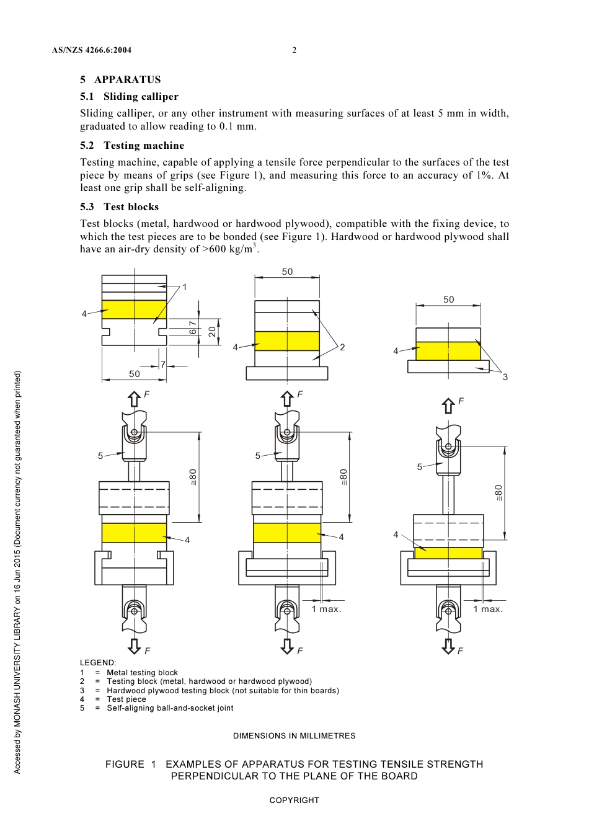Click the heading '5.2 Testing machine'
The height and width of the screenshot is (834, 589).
tap(132, 145)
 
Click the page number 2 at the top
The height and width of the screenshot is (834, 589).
tap(294, 50)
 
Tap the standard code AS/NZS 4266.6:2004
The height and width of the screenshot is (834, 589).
tap(92, 50)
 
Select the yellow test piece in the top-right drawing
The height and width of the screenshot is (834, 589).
tap(448, 351)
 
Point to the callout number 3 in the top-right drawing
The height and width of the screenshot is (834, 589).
tap(505, 377)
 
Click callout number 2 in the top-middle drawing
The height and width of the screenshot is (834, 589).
tap(342, 347)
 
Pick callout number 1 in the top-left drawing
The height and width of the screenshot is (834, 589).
tap(184, 287)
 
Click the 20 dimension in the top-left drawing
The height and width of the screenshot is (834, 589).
tap(213, 332)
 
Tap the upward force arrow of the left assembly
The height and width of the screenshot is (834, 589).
tap(134, 399)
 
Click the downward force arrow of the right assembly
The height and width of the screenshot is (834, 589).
tap(448, 646)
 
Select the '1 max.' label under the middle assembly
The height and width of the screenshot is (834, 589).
tap(326, 609)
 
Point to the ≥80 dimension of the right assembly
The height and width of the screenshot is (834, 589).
tap(498, 493)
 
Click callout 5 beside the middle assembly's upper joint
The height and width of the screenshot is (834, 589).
tap(258, 456)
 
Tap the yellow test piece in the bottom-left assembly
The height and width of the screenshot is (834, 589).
tap(134, 533)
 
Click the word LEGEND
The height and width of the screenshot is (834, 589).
tap(97, 663)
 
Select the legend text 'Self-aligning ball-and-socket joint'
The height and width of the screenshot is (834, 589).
tap(170, 708)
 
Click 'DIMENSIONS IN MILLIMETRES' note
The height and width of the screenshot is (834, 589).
tap(294, 736)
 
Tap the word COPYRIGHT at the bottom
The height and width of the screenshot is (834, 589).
tap(294, 801)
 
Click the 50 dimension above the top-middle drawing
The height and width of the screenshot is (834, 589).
tap(287, 272)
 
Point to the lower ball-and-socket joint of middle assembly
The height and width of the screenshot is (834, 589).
tap(287, 611)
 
